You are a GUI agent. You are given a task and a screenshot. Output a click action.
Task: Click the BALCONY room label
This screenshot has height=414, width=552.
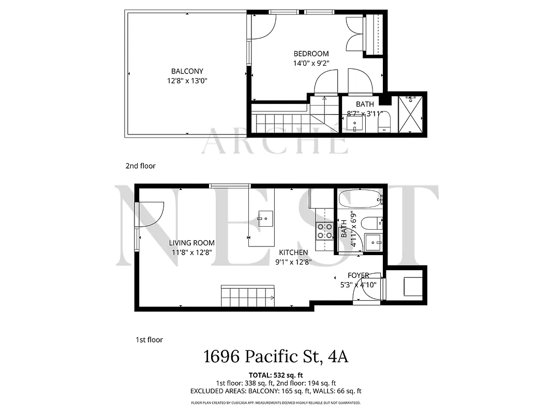click(x=187, y=71)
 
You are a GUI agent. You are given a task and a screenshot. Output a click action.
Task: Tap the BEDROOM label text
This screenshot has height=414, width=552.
click(x=311, y=54)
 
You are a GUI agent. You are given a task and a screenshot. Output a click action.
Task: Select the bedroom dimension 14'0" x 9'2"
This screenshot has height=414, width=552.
click(x=311, y=63)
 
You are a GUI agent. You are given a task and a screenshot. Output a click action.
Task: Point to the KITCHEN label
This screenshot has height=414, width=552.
click(x=293, y=253)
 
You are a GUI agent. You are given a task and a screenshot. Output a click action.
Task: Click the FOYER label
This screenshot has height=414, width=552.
click(x=358, y=275)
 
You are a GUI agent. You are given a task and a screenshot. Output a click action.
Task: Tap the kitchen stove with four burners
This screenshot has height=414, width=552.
click(x=324, y=231)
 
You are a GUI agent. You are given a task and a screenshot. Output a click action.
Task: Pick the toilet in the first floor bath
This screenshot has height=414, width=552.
click(x=371, y=224)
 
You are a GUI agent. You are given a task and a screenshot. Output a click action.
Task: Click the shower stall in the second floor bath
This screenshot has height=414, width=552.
click(x=412, y=113)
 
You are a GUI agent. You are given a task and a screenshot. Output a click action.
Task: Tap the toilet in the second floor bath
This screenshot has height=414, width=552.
click(x=384, y=122)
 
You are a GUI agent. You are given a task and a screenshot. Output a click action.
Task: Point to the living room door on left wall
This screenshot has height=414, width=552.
click(x=150, y=214)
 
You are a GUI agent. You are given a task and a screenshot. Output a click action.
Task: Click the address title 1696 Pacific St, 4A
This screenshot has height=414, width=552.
click(x=275, y=357)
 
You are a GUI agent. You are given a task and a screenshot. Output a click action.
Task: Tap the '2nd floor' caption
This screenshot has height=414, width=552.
click(x=140, y=166)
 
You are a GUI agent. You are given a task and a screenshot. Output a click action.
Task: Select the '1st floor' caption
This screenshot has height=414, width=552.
click(x=149, y=340)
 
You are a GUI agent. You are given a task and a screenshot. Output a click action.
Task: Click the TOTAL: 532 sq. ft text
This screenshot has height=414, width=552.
click(x=275, y=374)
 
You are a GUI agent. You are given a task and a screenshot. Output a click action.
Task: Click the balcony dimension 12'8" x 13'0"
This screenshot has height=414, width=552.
click(x=187, y=81)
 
